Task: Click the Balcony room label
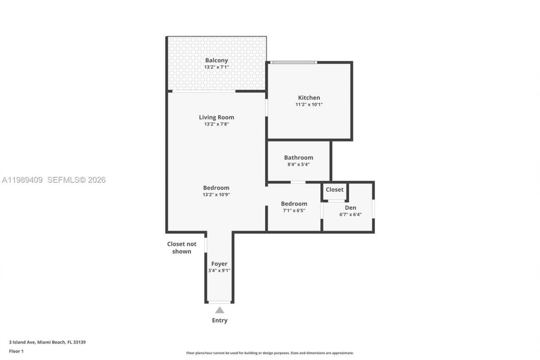(216, 60)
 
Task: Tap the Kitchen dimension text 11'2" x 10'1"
(309, 104)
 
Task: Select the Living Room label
(216, 117)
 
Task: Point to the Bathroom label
(298, 157)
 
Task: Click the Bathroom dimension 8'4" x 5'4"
(298, 164)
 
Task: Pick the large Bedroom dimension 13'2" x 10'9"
(216, 195)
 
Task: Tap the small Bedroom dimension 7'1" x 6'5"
(294, 210)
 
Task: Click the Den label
(350, 208)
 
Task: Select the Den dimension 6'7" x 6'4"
(350, 214)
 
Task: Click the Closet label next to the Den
(335, 189)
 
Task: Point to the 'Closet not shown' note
(181, 247)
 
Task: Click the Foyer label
(219, 264)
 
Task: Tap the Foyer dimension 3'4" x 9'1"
(219, 271)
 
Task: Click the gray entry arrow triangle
(219, 310)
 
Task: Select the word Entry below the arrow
(219, 320)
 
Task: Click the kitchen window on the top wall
(294, 62)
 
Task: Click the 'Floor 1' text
(16, 351)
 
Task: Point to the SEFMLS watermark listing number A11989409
(22, 180)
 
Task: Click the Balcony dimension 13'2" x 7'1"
(216, 67)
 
